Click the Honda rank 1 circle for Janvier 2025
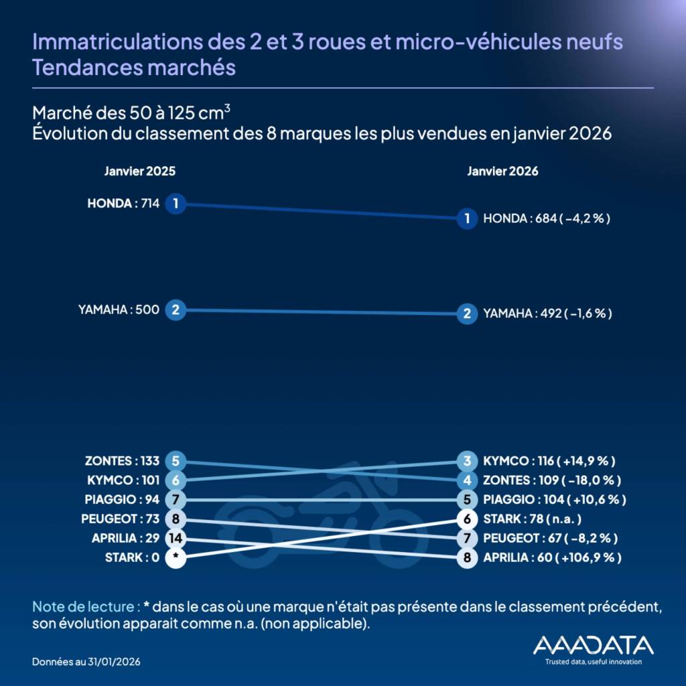click(x=175, y=204)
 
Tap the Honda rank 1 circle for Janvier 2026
click(x=467, y=218)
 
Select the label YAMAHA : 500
click(x=119, y=310)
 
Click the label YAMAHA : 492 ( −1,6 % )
click(x=547, y=314)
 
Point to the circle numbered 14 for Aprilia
click(x=175, y=539)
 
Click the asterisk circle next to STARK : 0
click(x=175, y=558)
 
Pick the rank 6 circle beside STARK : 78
click(x=467, y=519)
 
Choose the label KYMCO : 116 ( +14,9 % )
click(x=549, y=461)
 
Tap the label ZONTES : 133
click(x=122, y=461)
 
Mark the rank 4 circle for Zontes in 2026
click(x=467, y=480)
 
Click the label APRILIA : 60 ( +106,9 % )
click(x=551, y=557)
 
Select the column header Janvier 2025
click(x=140, y=171)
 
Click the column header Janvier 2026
click(x=502, y=171)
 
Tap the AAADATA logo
click(x=593, y=648)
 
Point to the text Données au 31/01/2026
click(x=86, y=661)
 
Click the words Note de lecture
click(x=86, y=607)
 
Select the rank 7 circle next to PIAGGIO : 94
click(x=175, y=500)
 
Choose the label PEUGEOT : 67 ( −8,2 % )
click(x=550, y=539)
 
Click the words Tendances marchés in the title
click(x=134, y=68)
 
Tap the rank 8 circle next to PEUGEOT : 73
click(x=175, y=519)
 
